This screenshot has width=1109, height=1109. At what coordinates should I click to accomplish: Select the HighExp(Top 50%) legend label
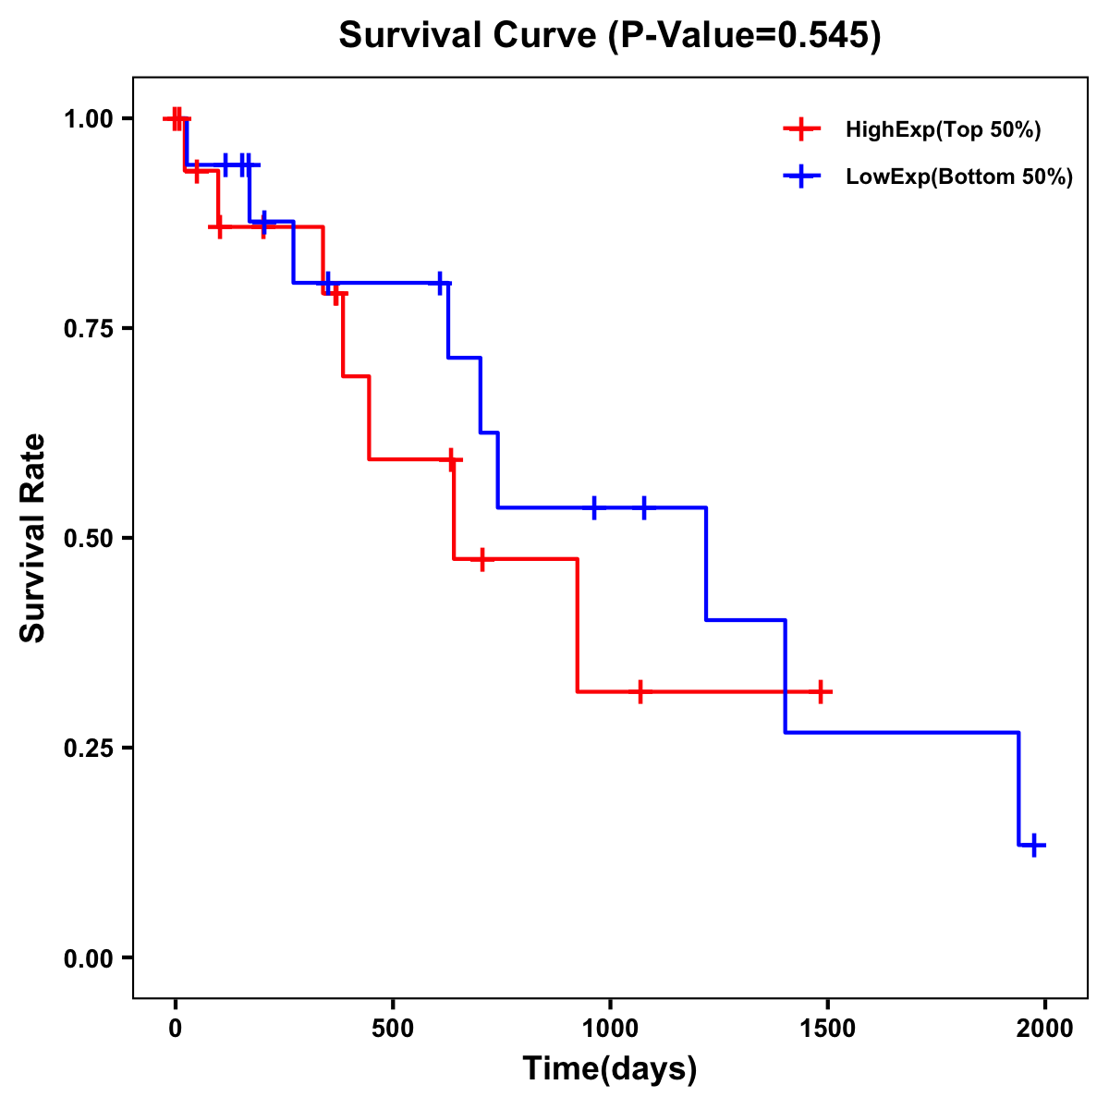click(943, 130)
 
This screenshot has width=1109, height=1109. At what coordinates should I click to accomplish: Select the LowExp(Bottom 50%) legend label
click(959, 177)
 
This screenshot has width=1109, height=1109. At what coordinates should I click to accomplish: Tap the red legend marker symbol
click(801, 130)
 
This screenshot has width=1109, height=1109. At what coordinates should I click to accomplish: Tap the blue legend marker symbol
click(801, 177)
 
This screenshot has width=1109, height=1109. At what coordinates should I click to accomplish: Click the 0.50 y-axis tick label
click(89, 538)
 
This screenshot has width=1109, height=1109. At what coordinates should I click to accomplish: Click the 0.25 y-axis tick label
click(89, 748)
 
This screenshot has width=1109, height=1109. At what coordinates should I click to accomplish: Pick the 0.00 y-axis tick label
click(89, 957)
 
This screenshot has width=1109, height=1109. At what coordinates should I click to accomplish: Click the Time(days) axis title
click(610, 1069)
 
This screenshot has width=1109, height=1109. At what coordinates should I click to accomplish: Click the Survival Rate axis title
click(33, 538)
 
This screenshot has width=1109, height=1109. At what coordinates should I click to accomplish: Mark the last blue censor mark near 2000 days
click(1035, 845)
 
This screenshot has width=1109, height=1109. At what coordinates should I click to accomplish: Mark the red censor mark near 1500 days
click(821, 691)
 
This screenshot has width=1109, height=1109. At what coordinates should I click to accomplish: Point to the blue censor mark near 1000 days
click(593, 507)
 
